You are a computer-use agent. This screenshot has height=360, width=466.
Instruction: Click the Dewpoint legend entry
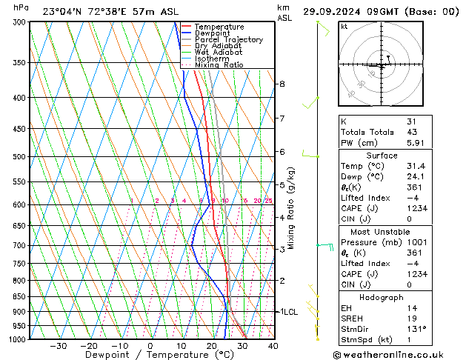coord(213,33)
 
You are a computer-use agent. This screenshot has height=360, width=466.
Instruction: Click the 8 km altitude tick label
coord(282,84)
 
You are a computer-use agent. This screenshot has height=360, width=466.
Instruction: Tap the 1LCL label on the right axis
coord(287,313)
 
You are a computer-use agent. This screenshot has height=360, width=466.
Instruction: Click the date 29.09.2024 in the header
coord(330,12)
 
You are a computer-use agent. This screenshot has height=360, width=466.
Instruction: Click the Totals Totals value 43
coord(413,132)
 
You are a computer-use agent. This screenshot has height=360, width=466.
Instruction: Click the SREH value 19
coord(413,319)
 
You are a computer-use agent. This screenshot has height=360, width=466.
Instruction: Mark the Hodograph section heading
coord(382,297)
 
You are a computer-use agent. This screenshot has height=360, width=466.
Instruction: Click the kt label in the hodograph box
coord(344,27)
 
